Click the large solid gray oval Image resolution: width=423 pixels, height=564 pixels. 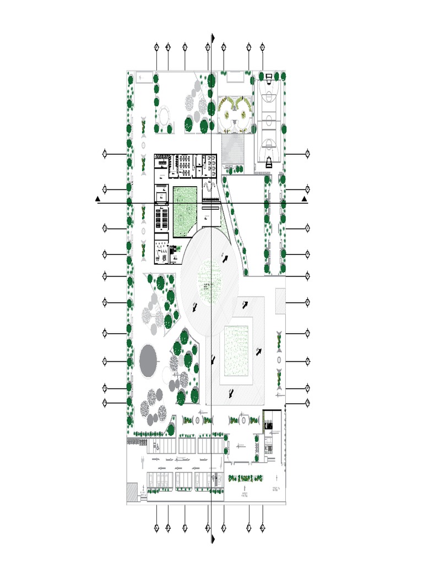coord(148,361)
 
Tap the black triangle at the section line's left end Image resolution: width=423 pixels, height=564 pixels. coord(97,198)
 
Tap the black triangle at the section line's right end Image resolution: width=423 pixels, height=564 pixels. coord(304,198)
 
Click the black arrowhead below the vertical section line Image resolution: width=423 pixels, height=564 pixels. coord(213,538)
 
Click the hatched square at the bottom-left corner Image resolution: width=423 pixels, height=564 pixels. coord(131,491)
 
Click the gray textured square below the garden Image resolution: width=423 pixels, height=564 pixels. coord(234,148)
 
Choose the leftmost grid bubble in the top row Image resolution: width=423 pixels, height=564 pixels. coord(156,47)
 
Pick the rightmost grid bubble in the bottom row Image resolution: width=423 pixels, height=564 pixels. coord(262,528)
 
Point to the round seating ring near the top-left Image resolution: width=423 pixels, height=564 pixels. coord(164,116)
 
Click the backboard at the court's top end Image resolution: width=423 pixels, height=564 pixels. coord(269,75)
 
